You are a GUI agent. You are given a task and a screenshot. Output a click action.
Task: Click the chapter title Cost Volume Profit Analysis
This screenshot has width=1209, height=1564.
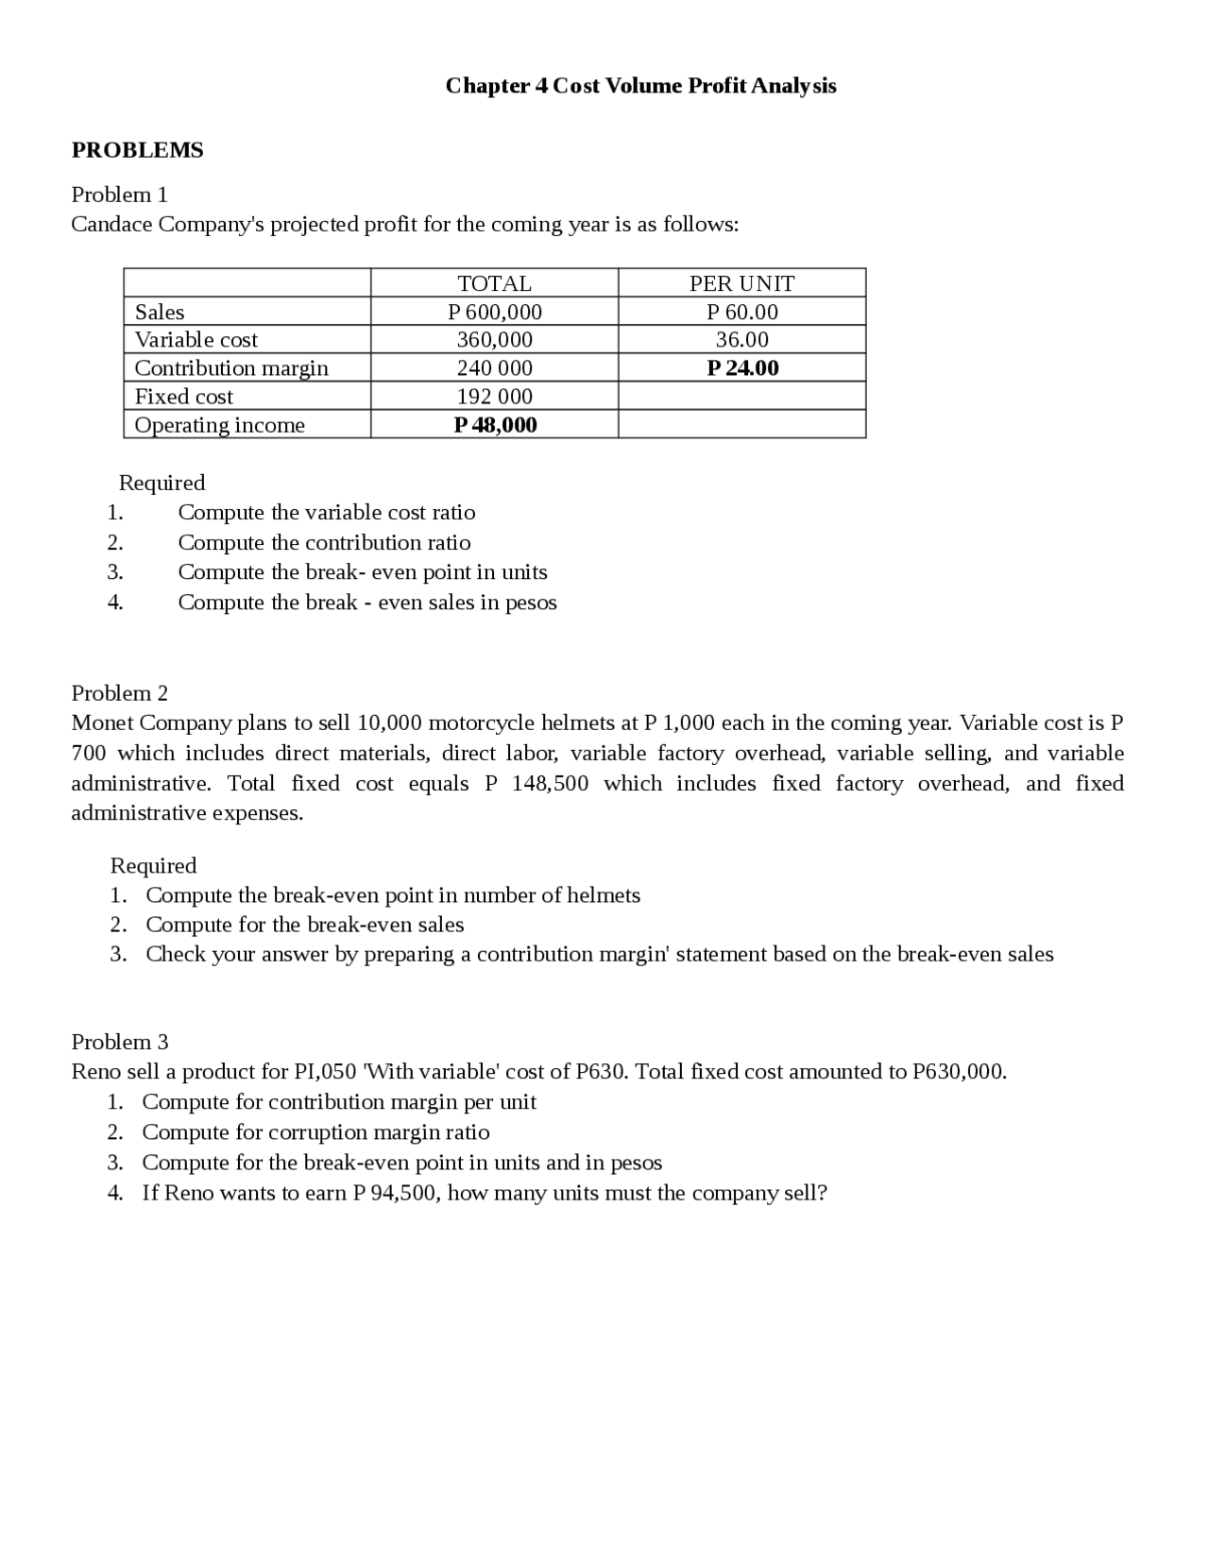click(x=640, y=86)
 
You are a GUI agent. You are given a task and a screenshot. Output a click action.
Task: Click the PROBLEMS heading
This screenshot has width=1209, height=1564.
click(x=138, y=150)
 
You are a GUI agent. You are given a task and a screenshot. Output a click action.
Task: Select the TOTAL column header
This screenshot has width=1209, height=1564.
click(x=494, y=283)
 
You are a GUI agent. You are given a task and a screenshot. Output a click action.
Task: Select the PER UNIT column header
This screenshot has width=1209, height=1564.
click(x=741, y=283)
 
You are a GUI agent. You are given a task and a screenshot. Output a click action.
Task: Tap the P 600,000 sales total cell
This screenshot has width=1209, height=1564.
click(x=494, y=312)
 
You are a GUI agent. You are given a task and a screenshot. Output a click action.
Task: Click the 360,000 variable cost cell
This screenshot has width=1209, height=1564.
click(x=494, y=339)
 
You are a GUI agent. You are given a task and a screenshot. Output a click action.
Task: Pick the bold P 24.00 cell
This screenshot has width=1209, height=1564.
click(x=742, y=367)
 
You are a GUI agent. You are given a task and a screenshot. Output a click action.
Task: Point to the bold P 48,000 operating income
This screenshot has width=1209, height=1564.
click(x=495, y=424)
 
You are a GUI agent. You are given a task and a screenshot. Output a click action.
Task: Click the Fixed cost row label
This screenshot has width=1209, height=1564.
click(x=183, y=397)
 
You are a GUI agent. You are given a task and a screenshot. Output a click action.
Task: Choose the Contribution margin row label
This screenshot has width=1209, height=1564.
click(x=231, y=367)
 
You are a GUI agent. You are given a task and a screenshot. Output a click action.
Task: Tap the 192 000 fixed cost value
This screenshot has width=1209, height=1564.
click(x=494, y=397)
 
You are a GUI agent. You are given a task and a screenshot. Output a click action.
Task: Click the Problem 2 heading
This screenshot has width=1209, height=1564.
click(x=120, y=693)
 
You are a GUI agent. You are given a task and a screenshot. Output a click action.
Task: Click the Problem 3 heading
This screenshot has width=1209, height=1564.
click(x=120, y=1042)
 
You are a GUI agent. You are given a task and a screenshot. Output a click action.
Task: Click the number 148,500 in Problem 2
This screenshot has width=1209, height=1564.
click(x=550, y=784)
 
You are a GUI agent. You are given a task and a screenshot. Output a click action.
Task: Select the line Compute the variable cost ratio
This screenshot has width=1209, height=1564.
click(x=327, y=513)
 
